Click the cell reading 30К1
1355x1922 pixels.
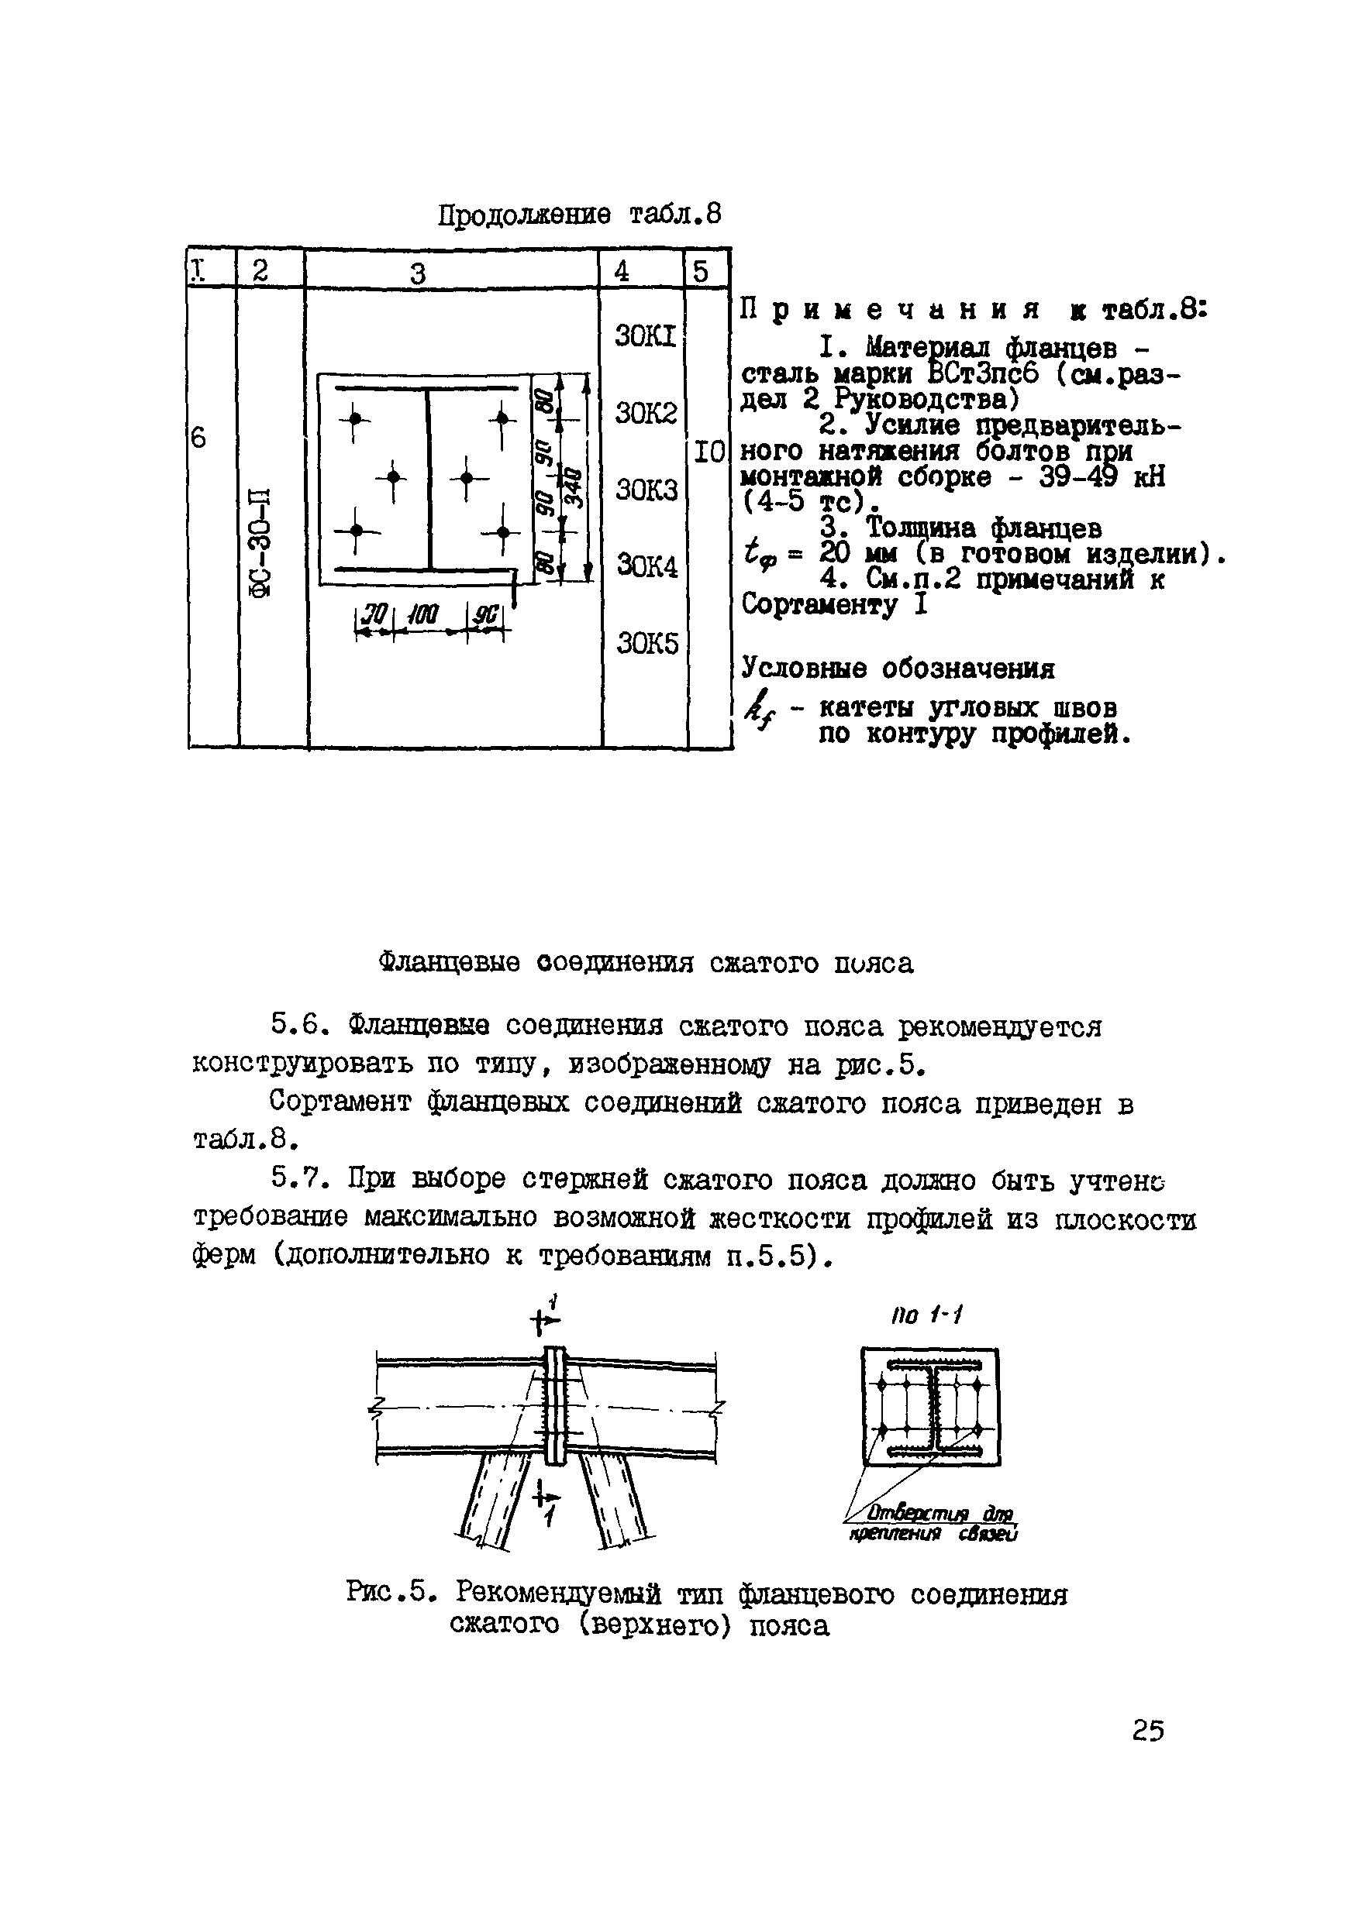click(x=645, y=336)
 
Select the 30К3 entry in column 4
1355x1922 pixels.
click(x=646, y=490)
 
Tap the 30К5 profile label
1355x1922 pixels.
click(x=646, y=644)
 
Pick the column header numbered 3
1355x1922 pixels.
click(x=418, y=273)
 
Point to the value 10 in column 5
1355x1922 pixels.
click(x=709, y=453)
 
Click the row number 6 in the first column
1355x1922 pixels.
click(x=198, y=437)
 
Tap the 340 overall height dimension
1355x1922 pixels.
click(x=574, y=487)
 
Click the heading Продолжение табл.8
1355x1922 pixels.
click(x=579, y=215)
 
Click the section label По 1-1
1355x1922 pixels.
click(x=928, y=1315)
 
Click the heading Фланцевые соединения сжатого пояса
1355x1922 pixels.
click(x=646, y=963)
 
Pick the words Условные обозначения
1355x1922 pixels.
click(x=898, y=669)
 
